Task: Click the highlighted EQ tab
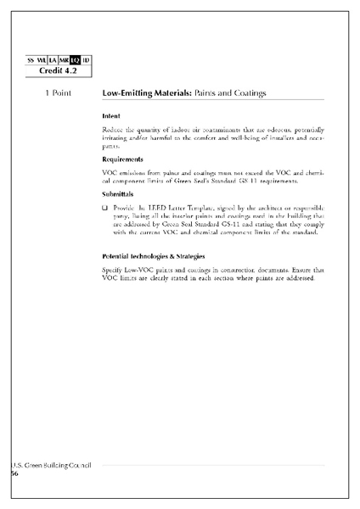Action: click(75, 60)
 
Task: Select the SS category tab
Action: click(31, 60)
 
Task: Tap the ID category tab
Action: click(87, 60)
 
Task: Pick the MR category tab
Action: click(63, 60)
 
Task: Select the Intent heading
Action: click(110, 115)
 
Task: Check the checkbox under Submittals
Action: click(104, 207)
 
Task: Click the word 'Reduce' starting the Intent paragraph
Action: click(113, 128)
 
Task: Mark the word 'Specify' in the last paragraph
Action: click(114, 270)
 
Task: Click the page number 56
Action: click(14, 474)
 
